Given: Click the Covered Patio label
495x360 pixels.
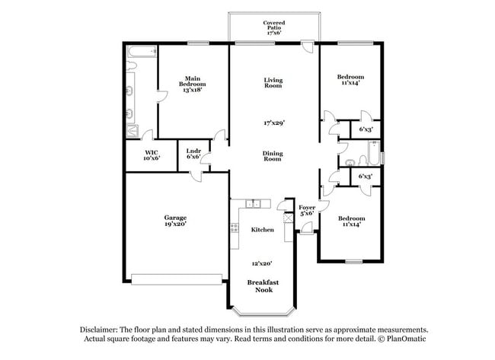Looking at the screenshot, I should [x=274, y=28].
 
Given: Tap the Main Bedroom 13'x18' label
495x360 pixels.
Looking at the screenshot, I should [x=190, y=84].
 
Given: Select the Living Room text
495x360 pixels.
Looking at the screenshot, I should [x=273, y=83].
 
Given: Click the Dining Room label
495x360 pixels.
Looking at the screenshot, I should [x=273, y=157].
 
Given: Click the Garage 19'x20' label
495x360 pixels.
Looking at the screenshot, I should [x=175, y=220].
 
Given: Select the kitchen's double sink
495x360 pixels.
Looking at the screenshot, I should [x=254, y=203].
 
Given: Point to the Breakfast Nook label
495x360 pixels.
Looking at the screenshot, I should [x=263, y=285].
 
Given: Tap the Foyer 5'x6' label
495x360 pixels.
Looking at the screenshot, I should [x=307, y=210].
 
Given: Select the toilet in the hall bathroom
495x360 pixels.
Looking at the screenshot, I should [x=350, y=161].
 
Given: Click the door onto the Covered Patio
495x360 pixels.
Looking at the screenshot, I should [x=306, y=48].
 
